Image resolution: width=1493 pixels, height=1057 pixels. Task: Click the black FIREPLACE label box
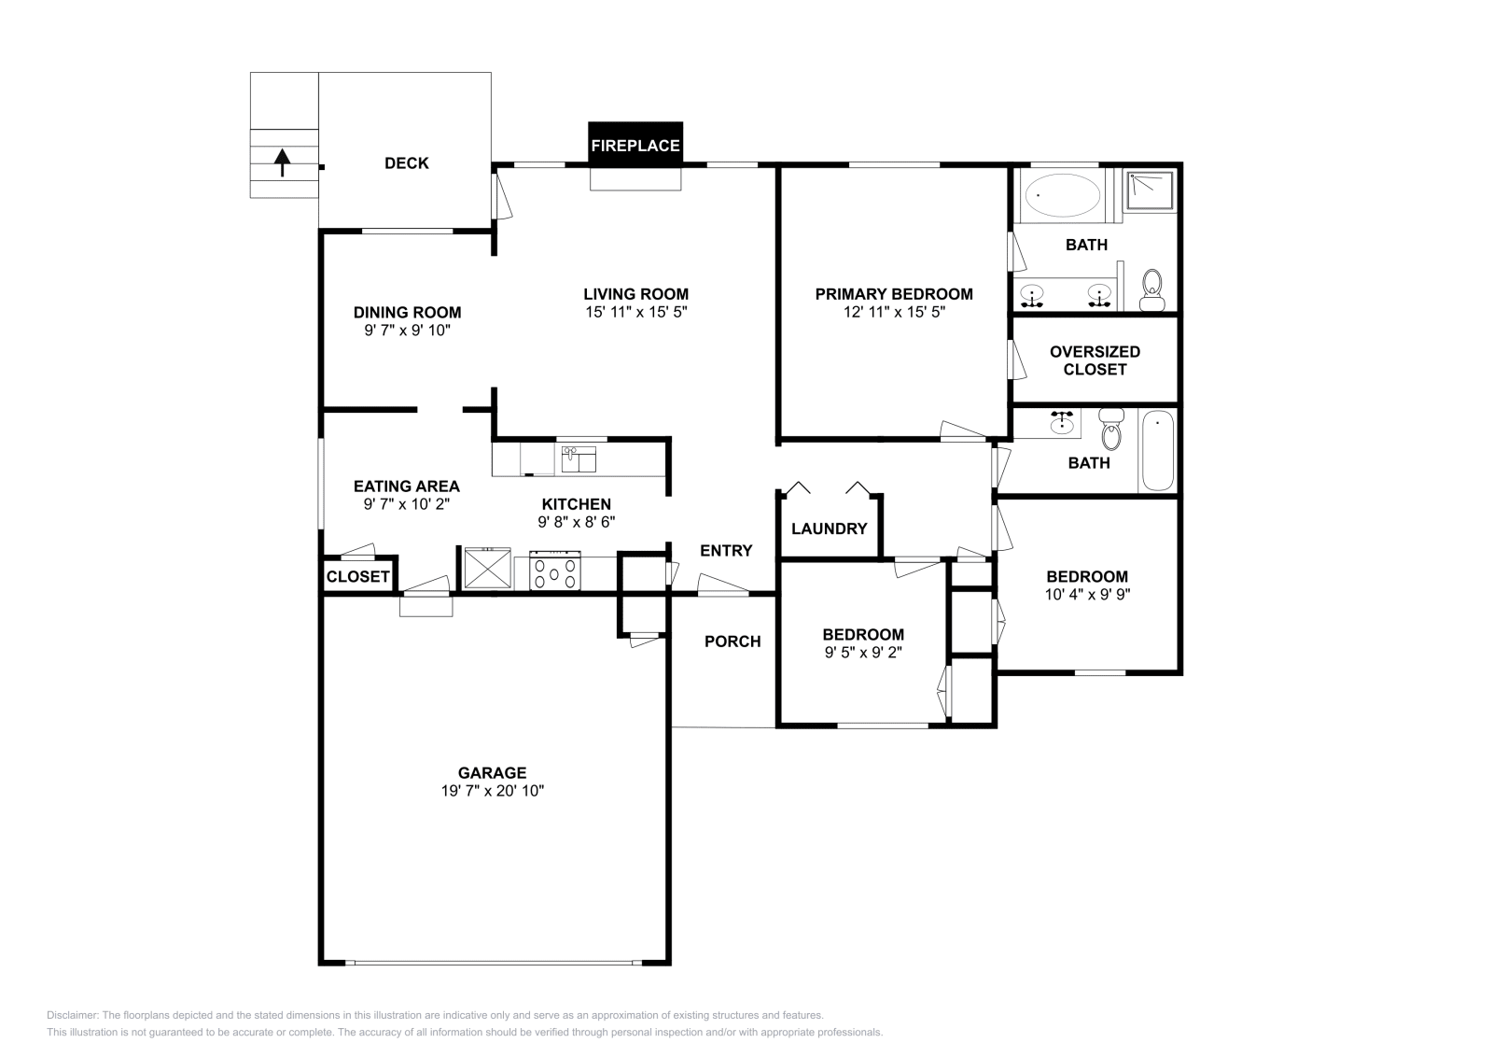635,145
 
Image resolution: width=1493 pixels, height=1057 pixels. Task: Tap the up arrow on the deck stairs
281,162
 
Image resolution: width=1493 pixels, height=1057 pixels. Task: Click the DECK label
407,163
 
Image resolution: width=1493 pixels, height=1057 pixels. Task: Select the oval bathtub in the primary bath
1062,196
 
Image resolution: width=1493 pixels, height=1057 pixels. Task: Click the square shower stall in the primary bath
1150,191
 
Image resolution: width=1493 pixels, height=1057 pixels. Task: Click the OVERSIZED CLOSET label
1095,360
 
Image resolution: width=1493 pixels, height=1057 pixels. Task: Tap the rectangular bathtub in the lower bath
1157,450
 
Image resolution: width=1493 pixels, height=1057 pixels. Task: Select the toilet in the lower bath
1110,429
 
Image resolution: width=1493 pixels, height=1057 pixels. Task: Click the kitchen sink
579,458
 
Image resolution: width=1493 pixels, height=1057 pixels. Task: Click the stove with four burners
555,571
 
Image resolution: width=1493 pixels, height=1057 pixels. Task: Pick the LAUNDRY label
829,528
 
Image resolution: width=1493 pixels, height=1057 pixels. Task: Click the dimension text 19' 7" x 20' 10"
492,791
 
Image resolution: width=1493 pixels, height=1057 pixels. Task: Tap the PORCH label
733,641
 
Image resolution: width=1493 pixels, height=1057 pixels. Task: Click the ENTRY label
726,551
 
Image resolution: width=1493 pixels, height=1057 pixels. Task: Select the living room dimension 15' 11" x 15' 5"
636,313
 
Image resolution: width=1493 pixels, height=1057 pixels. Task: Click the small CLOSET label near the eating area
358,577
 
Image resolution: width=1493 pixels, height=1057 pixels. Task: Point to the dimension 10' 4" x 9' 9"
1087,594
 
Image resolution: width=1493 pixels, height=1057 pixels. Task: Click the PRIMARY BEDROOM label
894,294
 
